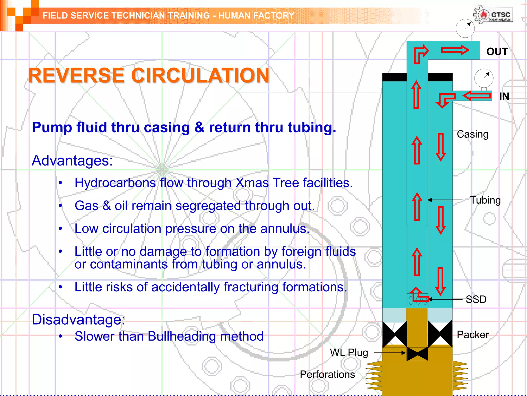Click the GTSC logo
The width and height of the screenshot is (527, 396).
pyautogui.click(x=493, y=14)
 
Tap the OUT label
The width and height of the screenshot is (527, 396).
pyautogui.click(x=497, y=52)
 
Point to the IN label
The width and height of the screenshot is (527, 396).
pyautogui.click(x=504, y=96)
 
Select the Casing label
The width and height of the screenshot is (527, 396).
pyautogui.click(x=472, y=134)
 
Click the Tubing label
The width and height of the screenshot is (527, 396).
pyautogui.click(x=485, y=200)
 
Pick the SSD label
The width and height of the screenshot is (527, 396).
pyautogui.click(x=476, y=299)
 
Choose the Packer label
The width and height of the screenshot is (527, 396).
pyautogui.click(x=472, y=335)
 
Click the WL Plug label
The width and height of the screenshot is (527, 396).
pyautogui.click(x=349, y=352)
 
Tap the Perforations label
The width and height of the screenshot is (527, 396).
pyautogui.click(x=327, y=374)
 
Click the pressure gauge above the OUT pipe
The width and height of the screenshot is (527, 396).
pyautogui.click(x=465, y=28)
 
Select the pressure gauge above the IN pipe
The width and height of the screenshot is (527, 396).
pyautogui.click(x=484, y=78)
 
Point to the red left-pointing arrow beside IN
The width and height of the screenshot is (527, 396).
pyautogui.click(x=477, y=96)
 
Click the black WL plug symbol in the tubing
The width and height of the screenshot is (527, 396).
pyautogui.click(x=417, y=354)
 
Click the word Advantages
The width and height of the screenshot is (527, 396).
pyautogui.click(x=72, y=161)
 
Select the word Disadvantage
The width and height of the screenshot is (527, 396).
pyautogui.click(x=78, y=320)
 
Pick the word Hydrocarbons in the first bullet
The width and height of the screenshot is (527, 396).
pyautogui.click(x=115, y=183)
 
